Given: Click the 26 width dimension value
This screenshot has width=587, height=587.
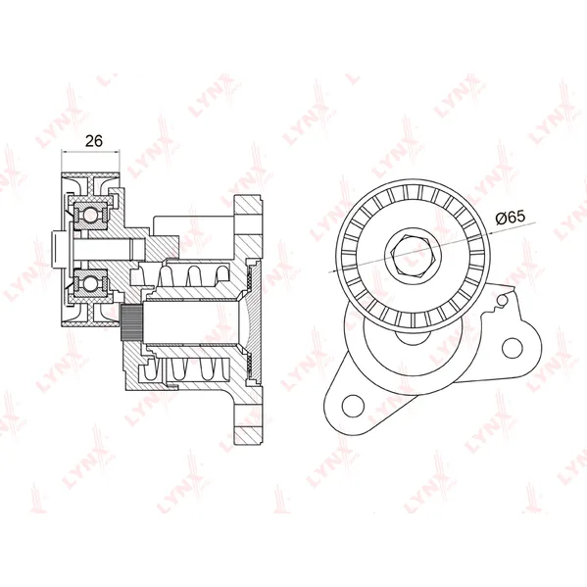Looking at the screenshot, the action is coord(94,141).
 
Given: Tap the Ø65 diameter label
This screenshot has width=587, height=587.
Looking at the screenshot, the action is coord(511,218).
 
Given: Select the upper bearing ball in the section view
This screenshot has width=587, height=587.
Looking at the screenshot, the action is coord(90,215).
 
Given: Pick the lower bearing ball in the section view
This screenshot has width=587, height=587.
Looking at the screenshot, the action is coord(90,284).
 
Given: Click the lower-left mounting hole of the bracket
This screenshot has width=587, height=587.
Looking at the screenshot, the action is coord(353,406).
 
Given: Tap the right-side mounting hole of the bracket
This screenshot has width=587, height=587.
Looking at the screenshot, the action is coord(512,348).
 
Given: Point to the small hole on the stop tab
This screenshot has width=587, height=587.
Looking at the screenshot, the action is coord(504,299).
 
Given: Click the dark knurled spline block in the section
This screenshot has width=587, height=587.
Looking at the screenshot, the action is coord(131,322).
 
